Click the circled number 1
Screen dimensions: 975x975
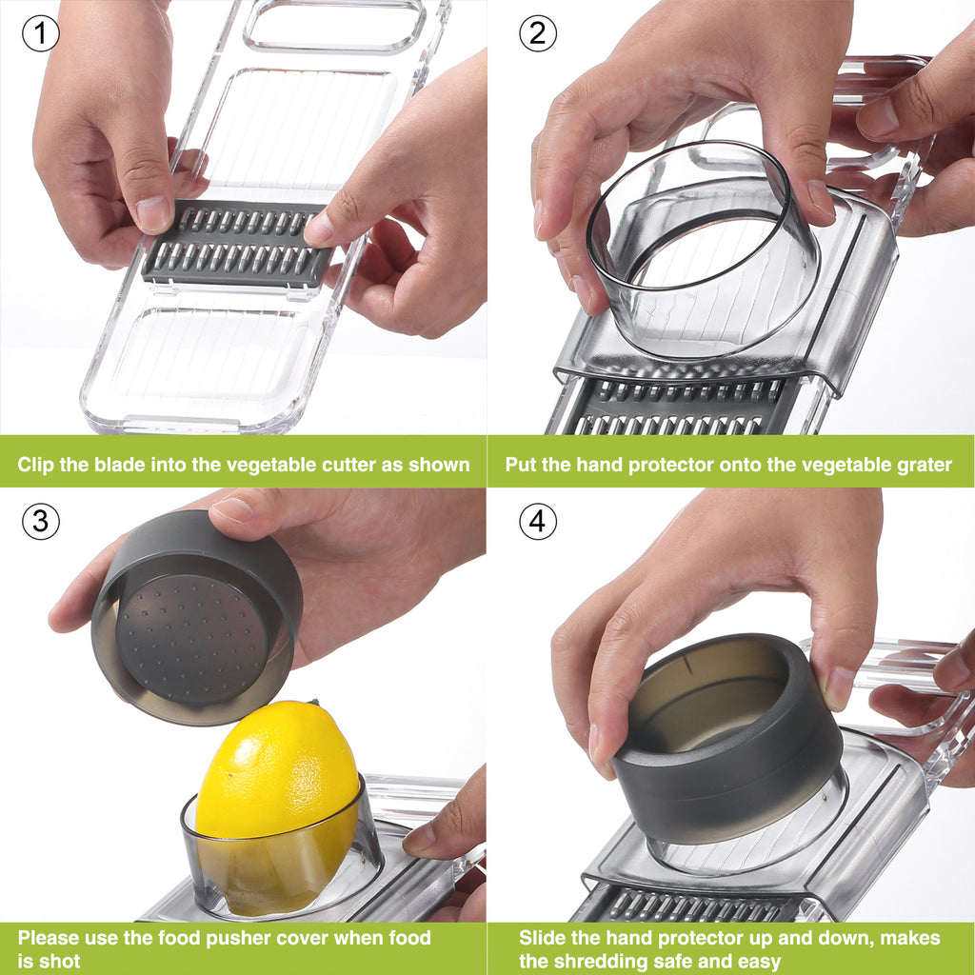click(40, 33)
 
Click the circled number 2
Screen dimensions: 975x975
click(538, 33)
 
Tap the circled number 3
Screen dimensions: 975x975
click(40, 521)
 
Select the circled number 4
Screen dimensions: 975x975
click(538, 521)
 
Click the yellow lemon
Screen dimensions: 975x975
click(277, 802)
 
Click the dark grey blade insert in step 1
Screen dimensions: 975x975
click(236, 244)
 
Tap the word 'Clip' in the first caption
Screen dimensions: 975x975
click(36, 465)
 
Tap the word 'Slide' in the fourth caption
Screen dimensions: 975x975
click(541, 938)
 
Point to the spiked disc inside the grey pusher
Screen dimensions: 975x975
click(192, 637)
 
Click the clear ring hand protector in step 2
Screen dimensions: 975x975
click(703, 249)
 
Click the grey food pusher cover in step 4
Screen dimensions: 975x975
click(728, 740)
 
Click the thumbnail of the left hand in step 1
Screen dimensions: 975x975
click(153, 213)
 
